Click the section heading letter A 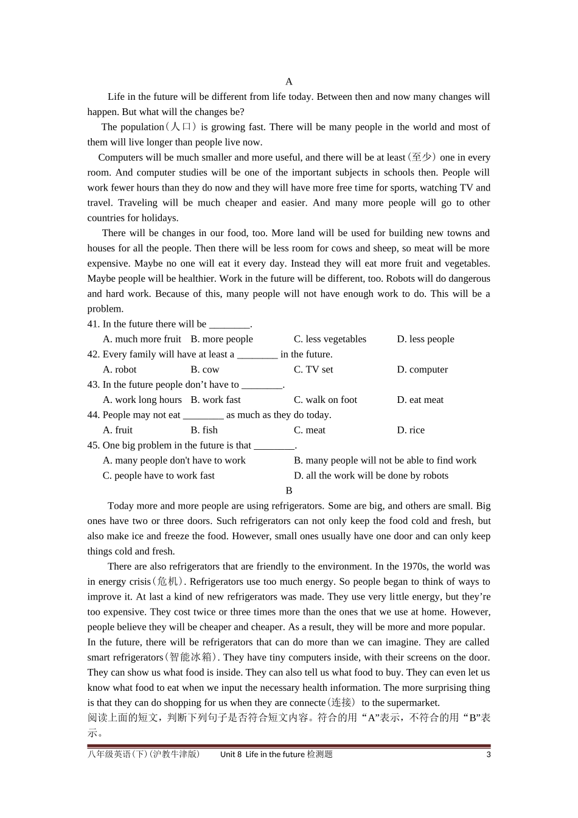click(x=289, y=82)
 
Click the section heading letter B click(x=289, y=491)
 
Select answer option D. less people click(x=425, y=339)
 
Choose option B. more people click(x=221, y=339)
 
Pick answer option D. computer click(x=422, y=369)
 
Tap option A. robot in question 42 click(x=120, y=369)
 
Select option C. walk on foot click(x=326, y=400)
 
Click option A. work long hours click(x=142, y=400)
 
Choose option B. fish click(x=204, y=430)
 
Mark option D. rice click(x=411, y=430)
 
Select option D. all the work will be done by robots click(x=371, y=475)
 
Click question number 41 click(x=94, y=324)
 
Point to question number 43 click(x=94, y=385)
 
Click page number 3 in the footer click(x=488, y=755)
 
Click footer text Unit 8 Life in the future click(x=262, y=755)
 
